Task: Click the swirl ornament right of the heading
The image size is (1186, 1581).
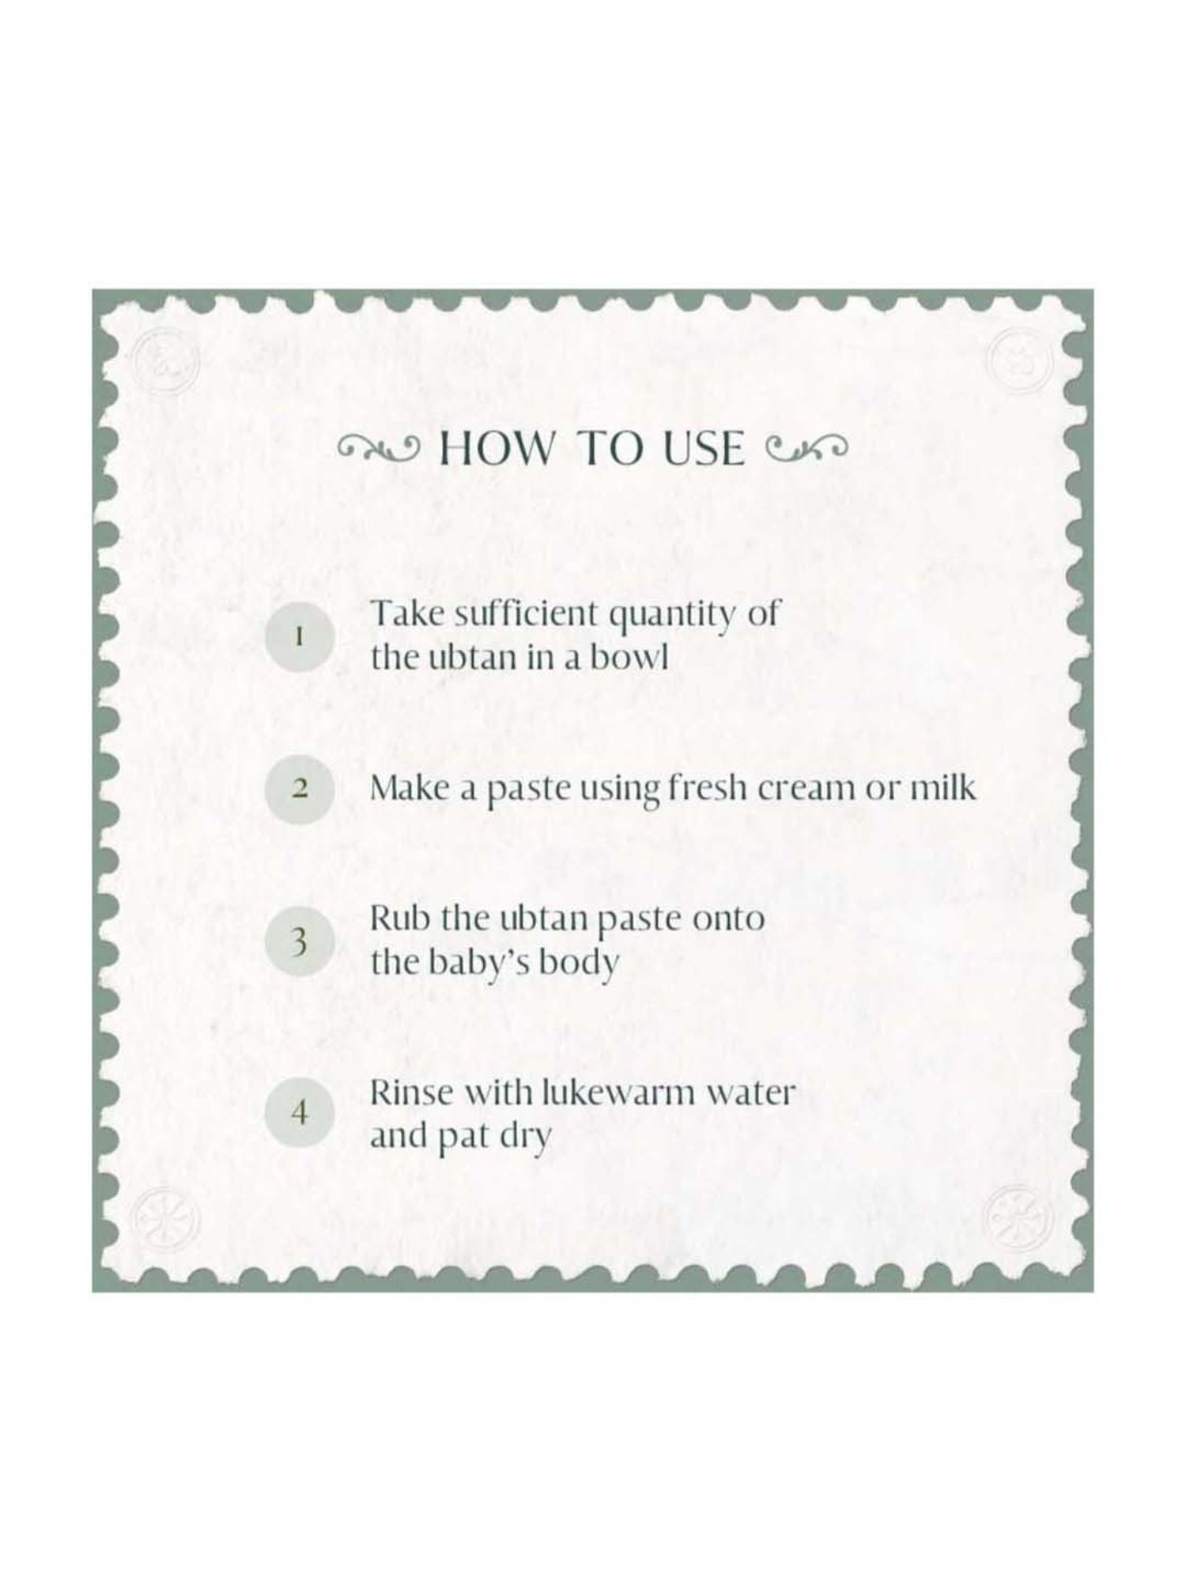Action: click(x=806, y=449)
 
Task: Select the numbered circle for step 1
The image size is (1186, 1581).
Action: click(x=299, y=636)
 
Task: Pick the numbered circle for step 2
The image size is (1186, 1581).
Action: click(x=299, y=789)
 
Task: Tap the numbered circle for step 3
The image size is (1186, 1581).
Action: click(x=299, y=941)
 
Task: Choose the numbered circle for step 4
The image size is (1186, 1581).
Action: click(x=299, y=1114)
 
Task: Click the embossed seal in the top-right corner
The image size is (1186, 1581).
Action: click(x=1021, y=355)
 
